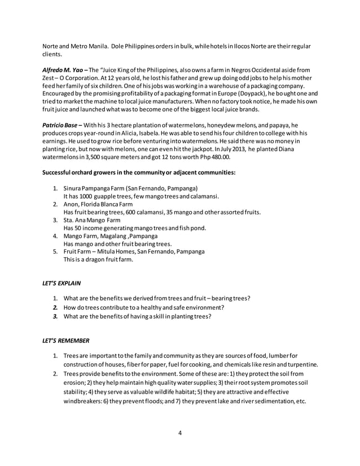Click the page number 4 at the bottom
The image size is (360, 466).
(180, 433)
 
